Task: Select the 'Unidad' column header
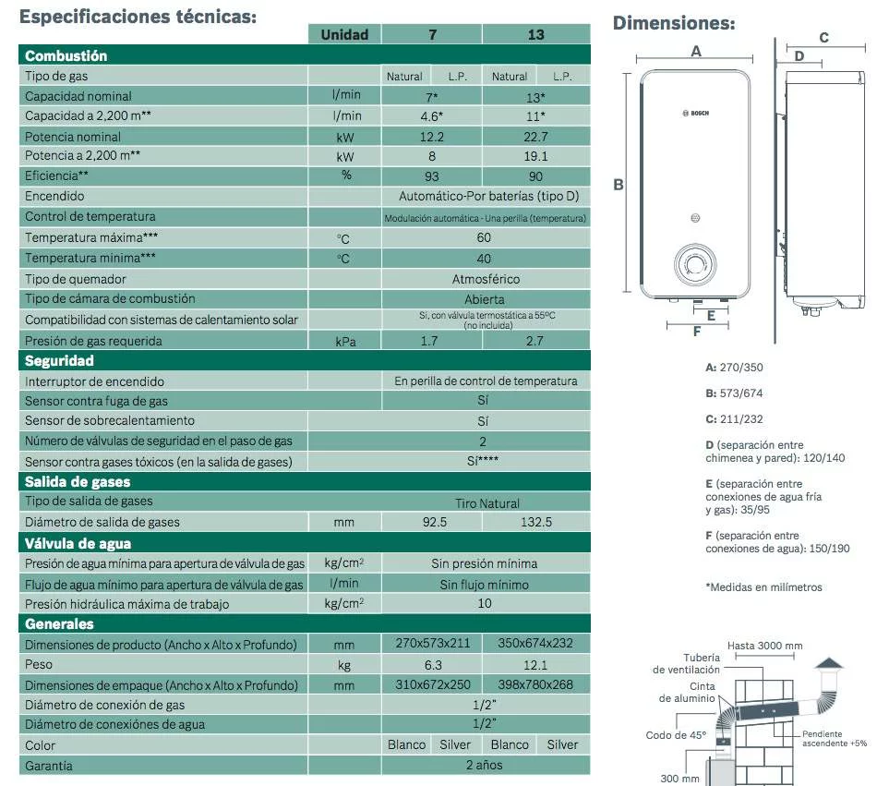(344, 34)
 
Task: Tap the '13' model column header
(535, 34)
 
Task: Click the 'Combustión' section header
(66, 55)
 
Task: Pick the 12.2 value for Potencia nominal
(432, 137)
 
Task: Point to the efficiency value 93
(432, 175)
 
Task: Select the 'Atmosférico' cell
(486, 279)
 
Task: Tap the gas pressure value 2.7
(535, 341)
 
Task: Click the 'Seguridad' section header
(60, 361)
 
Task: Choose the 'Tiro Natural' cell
(487, 503)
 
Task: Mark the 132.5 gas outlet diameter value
(535, 522)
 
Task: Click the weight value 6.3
(432, 664)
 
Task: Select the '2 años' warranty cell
(485, 766)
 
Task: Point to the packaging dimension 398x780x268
(535, 684)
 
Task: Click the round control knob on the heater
(694, 264)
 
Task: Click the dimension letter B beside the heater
(619, 185)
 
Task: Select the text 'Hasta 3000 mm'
(764, 646)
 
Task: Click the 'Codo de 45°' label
(676, 736)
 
